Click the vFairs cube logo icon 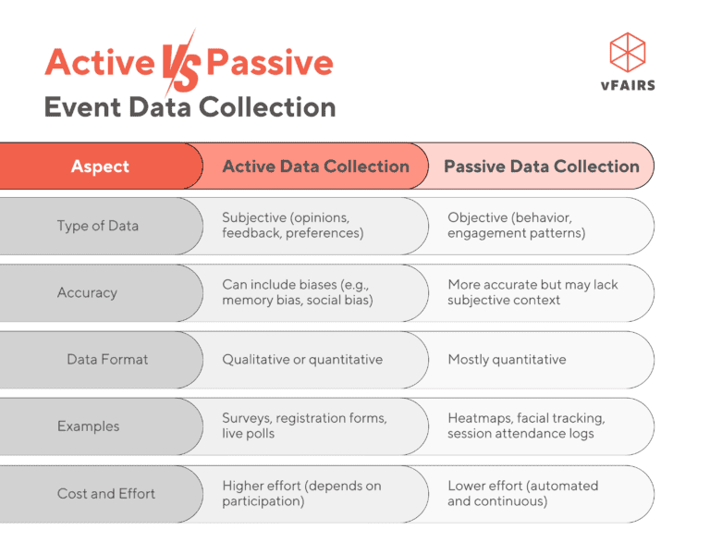point(628,52)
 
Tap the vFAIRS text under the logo point(628,86)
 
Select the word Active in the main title point(100,63)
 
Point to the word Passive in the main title point(269,63)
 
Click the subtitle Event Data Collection point(190,107)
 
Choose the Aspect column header point(100,166)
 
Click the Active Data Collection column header point(315,166)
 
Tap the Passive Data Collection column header point(541,166)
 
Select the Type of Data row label point(99,226)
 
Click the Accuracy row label point(87,292)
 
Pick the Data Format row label point(107,359)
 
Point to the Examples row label point(88,426)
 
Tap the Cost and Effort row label point(106,493)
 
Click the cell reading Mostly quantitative point(507,359)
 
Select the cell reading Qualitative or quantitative point(302,359)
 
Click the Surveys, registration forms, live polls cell point(304,425)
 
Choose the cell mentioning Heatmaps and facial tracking point(526,425)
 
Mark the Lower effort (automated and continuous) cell point(522,493)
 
